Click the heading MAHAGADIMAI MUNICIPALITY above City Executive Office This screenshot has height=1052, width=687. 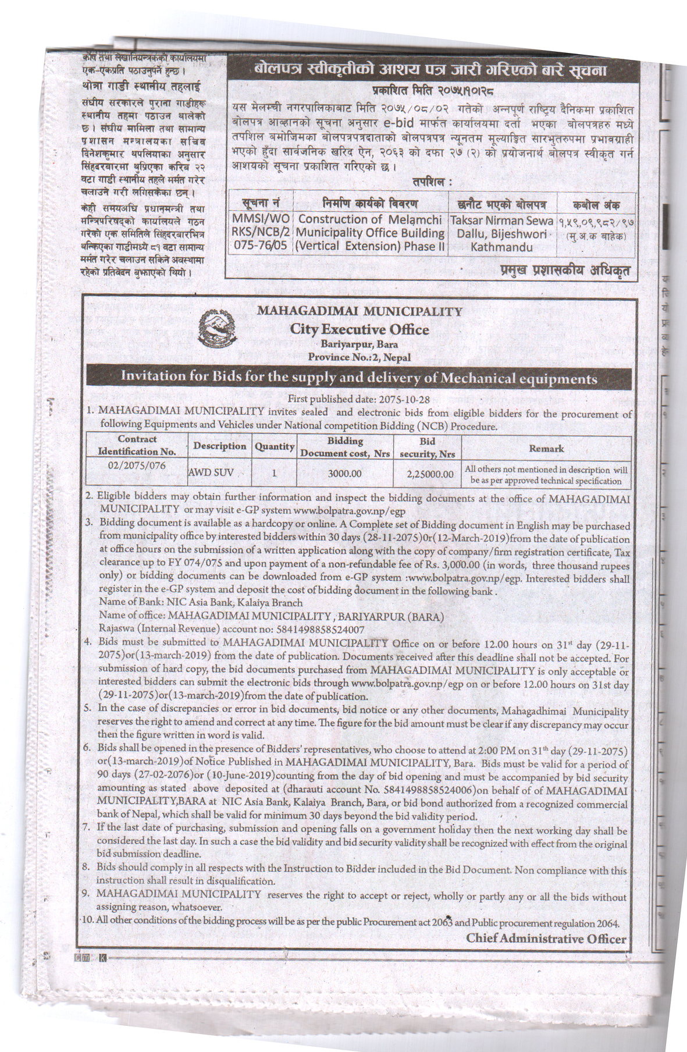359,312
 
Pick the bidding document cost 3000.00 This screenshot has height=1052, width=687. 345,474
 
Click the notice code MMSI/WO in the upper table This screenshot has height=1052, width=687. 259,221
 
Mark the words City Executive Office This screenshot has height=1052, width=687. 359,330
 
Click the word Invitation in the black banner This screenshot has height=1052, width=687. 151,378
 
